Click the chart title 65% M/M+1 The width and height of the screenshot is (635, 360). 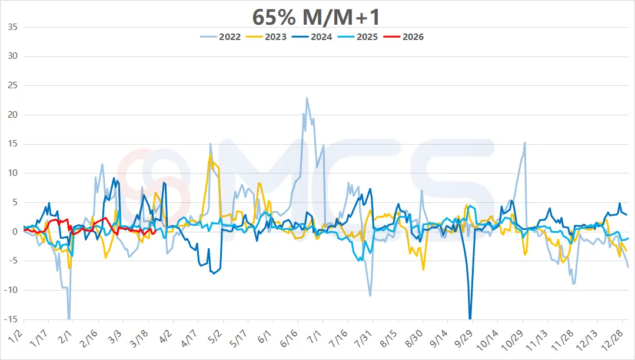317,16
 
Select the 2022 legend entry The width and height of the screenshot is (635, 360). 222,36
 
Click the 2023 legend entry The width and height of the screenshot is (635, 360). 268,36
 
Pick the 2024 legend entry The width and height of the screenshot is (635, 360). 314,36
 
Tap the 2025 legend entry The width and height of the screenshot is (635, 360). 360,36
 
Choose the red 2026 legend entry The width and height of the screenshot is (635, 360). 406,36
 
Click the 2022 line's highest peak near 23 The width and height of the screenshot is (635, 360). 307,98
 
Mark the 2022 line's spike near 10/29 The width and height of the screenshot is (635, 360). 524,142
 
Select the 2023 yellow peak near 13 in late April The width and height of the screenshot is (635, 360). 210,155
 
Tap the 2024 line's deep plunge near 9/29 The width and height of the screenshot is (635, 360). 470,318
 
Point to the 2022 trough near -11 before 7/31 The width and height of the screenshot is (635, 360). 370,295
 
